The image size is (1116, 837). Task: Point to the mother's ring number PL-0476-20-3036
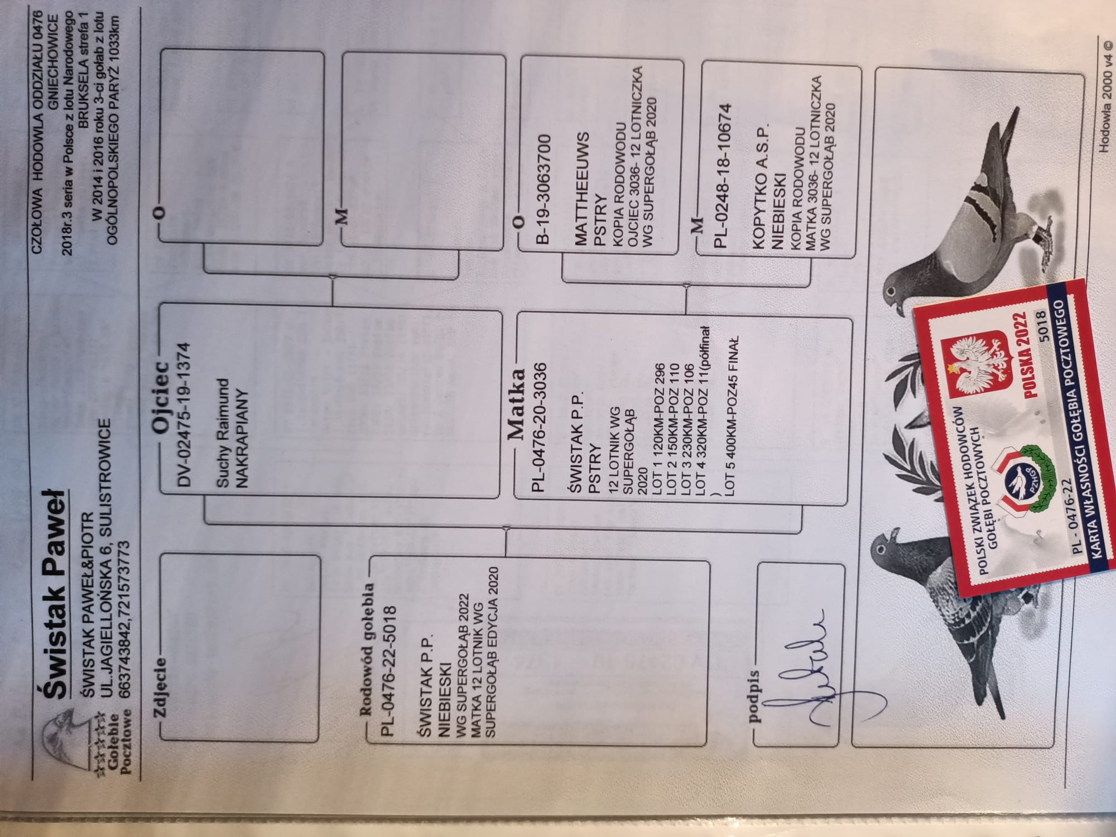(538, 427)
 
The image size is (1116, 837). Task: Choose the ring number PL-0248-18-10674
(723, 176)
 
